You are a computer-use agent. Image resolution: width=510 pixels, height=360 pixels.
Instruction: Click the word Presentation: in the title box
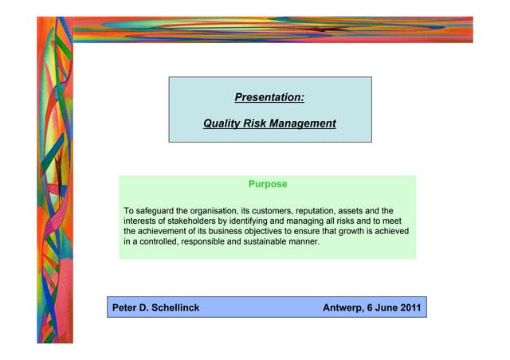click(269, 98)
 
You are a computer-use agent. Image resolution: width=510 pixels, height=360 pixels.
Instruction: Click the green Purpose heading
click(268, 184)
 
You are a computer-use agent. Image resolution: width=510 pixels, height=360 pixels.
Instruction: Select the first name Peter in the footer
click(126, 307)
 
